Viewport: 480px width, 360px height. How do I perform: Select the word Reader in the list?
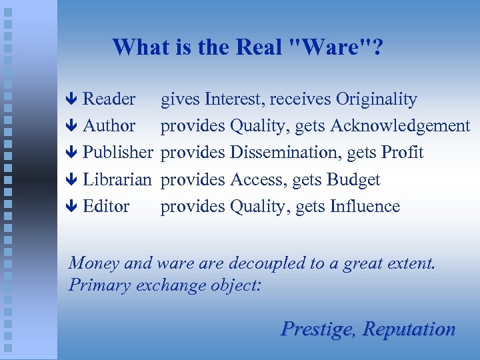coord(109,99)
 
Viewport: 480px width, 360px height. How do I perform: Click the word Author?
coord(109,126)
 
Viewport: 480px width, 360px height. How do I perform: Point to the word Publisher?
coord(117,153)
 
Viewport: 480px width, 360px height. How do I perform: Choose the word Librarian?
coord(117,179)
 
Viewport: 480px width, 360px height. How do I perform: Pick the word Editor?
coord(106,206)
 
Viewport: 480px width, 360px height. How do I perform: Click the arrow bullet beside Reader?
coord(73,100)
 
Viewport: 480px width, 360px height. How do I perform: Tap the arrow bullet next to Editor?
coord(73,207)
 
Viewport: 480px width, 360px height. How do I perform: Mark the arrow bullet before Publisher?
coord(73,153)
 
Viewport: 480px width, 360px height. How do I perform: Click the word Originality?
coord(377,99)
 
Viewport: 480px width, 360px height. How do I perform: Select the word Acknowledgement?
coord(400,126)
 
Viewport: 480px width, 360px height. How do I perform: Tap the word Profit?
coord(402,153)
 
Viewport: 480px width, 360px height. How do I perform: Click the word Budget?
coord(353,179)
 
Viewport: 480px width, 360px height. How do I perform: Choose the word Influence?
coord(365,206)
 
